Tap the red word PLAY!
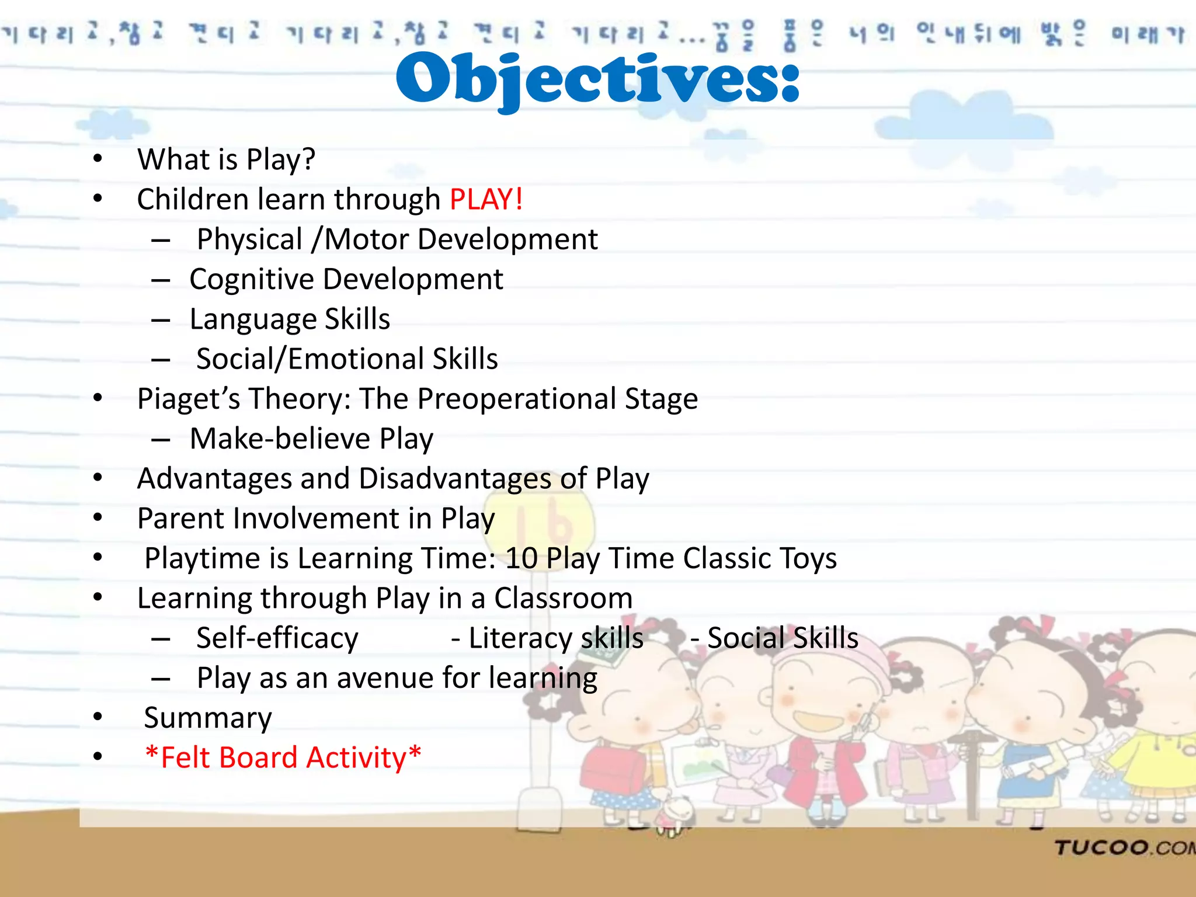(x=486, y=200)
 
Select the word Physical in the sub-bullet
(x=249, y=240)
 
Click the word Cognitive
(x=251, y=280)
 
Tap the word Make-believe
(x=280, y=439)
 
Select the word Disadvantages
(x=455, y=479)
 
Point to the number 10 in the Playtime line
(x=521, y=559)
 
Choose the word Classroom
(x=563, y=599)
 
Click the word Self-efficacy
(x=277, y=638)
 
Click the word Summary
(x=208, y=718)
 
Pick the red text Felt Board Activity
(x=283, y=758)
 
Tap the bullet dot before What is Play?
(x=98, y=159)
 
